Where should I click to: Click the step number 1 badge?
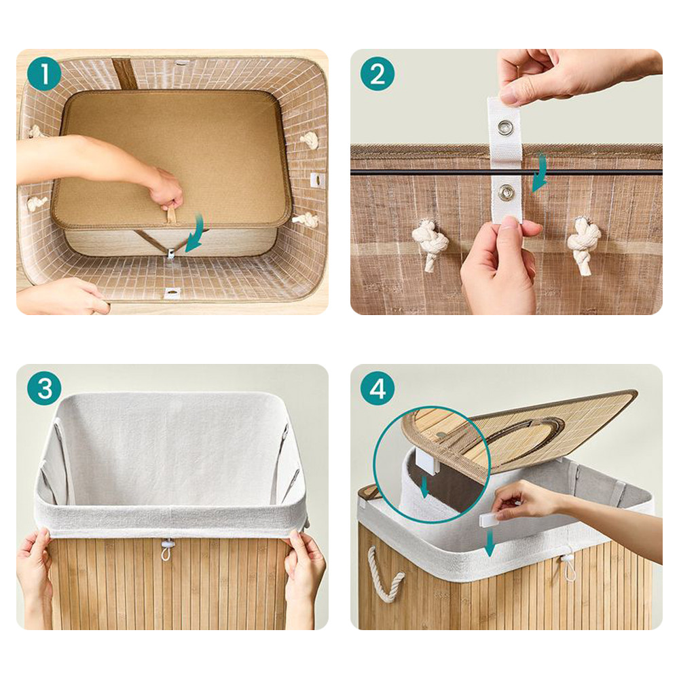(44, 74)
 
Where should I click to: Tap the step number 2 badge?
(378, 74)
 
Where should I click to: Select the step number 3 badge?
(44, 388)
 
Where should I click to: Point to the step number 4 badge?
(378, 388)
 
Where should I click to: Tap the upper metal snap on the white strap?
(505, 127)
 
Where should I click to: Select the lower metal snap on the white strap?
(505, 192)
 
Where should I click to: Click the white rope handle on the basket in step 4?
(386, 574)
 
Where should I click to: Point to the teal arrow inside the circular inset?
(425, 487)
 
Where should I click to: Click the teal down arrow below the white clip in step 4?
(490, 543)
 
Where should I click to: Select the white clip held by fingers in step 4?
(492, 519)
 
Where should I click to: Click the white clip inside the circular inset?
(427, 462)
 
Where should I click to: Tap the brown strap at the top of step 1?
(123, 73)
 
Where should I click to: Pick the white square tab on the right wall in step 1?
(317, 179)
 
